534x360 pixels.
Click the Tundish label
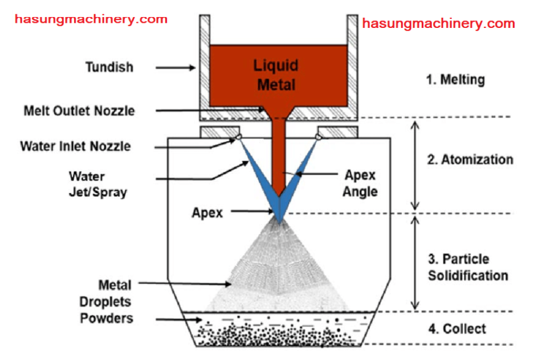tap(109, 67)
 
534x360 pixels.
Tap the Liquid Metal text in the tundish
tap(276, 75)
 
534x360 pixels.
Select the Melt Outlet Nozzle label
tap(79, 111)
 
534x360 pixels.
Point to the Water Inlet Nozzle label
tap(75, 146)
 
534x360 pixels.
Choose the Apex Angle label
tap(360, 183)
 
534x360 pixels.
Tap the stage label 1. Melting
tap(455, 79)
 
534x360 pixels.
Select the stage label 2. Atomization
tap(469, 159)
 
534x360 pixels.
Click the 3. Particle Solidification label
tap(467, 267)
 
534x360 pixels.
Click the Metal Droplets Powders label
tap(107, 301)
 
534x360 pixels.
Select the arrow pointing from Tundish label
tap(173, 67)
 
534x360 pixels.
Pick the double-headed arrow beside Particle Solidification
tap(415, 262)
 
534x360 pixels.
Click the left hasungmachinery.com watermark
tap(91, 19)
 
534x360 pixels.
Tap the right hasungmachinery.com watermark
tap(439, 23)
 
